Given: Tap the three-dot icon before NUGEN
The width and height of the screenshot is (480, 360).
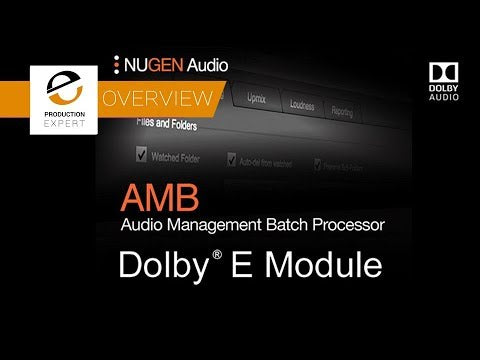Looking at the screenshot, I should tap(118, 65).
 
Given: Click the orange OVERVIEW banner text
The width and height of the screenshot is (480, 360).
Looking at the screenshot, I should tap(157, 98).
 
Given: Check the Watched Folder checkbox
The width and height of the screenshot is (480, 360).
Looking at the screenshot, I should tap(140, 155).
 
